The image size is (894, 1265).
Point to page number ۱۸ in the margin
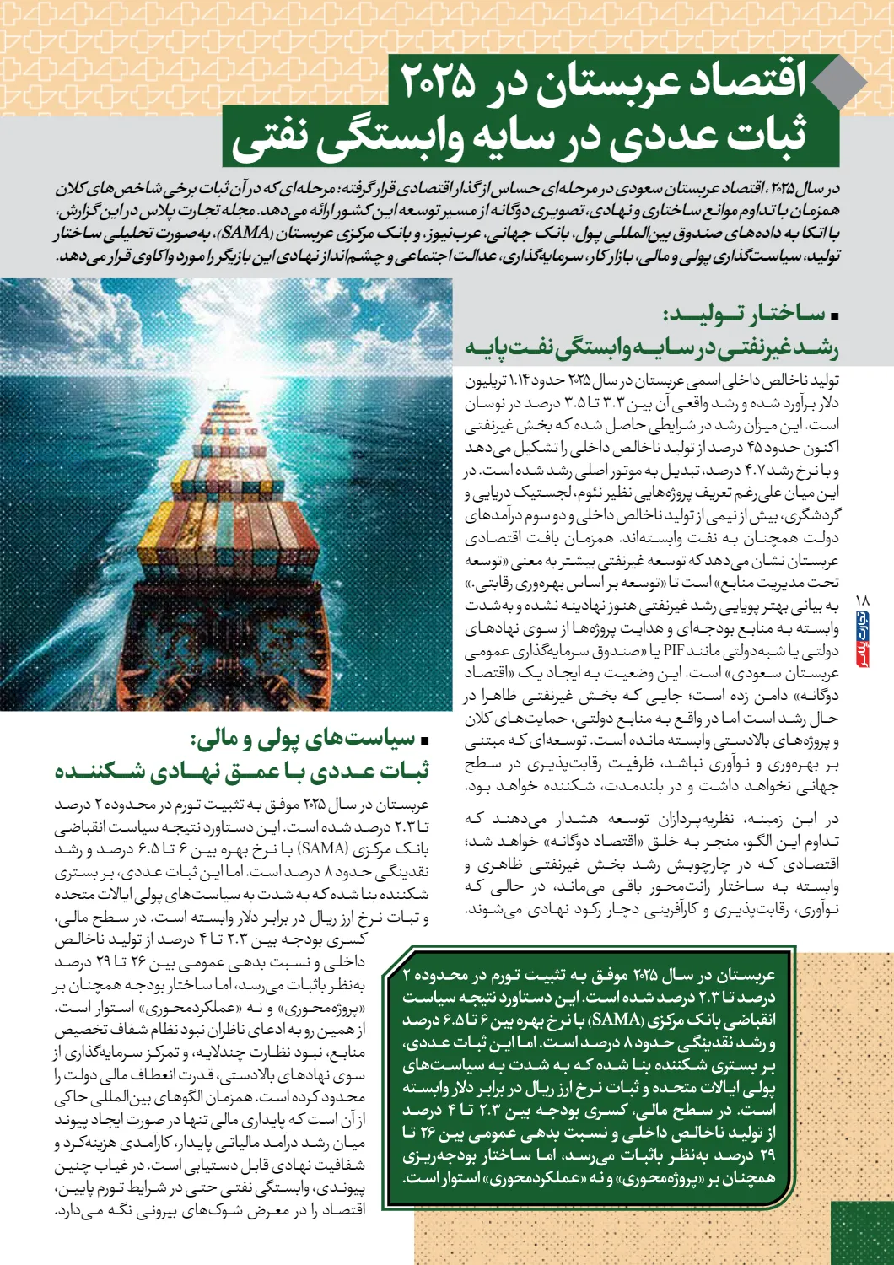tap(862, 600)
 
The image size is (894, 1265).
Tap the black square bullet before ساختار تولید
tap(834, 317)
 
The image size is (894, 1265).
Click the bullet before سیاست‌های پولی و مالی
tap(424, 741)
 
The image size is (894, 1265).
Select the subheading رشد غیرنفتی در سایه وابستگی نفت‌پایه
tap(651, 347)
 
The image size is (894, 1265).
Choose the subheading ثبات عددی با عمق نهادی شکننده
tap(242, 771)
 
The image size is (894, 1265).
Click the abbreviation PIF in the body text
tap(673, 650)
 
